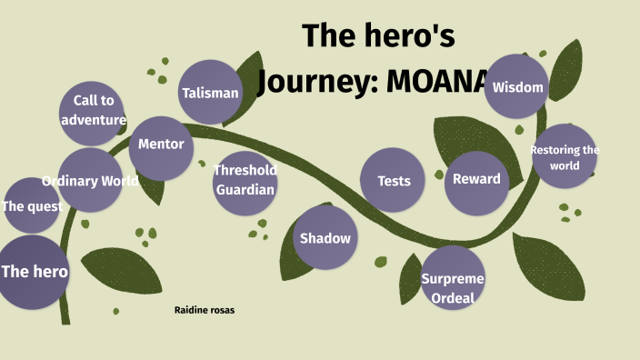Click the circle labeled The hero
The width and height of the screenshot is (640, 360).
tap(34, 272)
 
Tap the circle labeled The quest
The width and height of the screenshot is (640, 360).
tap(33, 206)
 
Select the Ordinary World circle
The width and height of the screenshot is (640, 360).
tap(90, 181)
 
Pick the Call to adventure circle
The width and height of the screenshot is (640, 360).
tap(93, 111)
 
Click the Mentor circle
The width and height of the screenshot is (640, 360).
tap(161, 145)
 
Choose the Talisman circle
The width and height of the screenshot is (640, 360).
tap(210, 93)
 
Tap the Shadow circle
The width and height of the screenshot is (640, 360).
tap(325, 238)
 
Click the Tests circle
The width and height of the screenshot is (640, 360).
tap(394, 180)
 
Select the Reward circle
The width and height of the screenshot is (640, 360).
tap(476, 178)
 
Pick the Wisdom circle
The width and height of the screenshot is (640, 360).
tap(517, 87)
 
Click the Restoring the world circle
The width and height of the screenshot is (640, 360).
tap(565, 156)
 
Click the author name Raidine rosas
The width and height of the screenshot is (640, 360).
tap(205, 310)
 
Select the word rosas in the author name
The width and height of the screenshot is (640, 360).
tap(221, 310)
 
